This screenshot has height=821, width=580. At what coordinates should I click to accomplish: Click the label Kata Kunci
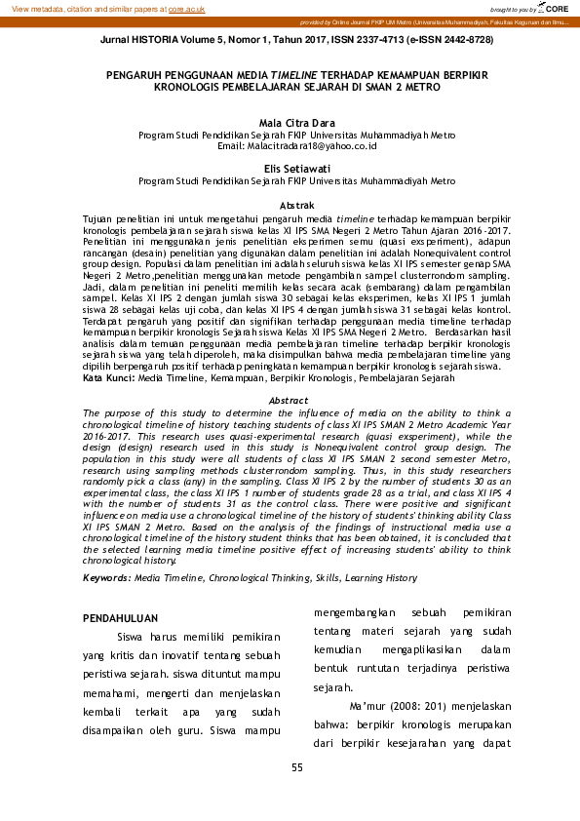[x=108, y=376]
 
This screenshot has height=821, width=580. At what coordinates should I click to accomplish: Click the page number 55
[x=296, y=767]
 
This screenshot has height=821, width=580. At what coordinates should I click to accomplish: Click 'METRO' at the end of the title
[x=421, y=87]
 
